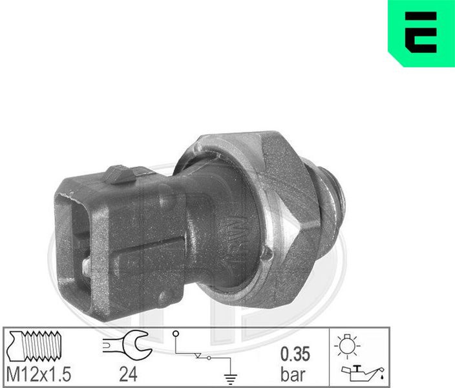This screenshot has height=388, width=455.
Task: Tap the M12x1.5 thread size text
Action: pos(39,374)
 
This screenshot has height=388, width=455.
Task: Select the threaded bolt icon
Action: pos(34,345)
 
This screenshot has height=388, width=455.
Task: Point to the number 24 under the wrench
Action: pos(128,374)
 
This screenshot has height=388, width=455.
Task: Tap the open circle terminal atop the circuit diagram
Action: pos(175,334)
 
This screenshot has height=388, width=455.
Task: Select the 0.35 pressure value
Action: pos(295,354)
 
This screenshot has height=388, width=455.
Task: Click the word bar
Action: pos(293,374)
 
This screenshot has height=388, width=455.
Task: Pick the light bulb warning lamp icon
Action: pos(347,345)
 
